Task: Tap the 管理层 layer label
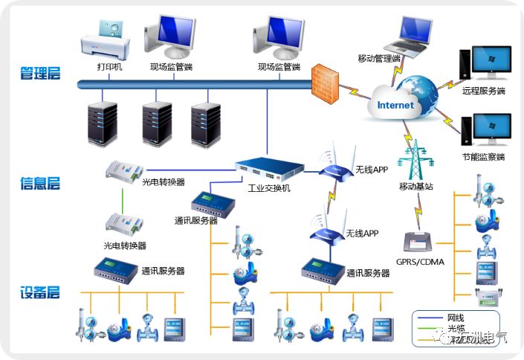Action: coord(40,74)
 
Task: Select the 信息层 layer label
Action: coord(40,183)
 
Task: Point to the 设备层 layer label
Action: coord(40,292)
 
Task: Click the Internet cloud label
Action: coord(395,105)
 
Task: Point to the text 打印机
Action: coord(109,67)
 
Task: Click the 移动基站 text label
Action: coord(415,186)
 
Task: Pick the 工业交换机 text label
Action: coord(269,188)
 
